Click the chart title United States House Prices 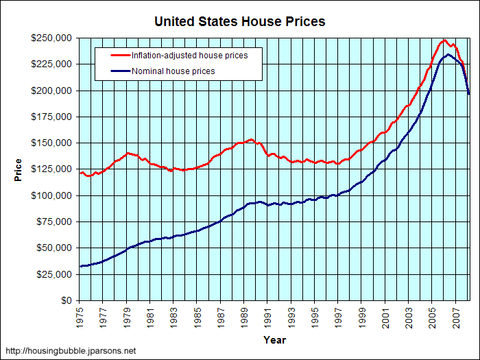click(240, 21)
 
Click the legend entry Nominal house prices click(173, 71)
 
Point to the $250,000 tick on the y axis click(52, 38)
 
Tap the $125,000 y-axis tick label click(52, 169)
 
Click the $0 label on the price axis click(66, 300)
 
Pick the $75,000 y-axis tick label click(55, 221)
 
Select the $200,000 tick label click(52, 91)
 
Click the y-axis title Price click(19, 169)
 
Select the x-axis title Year click(274, 339)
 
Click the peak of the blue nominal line click(448, 54)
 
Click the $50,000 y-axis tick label click(55, 248)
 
